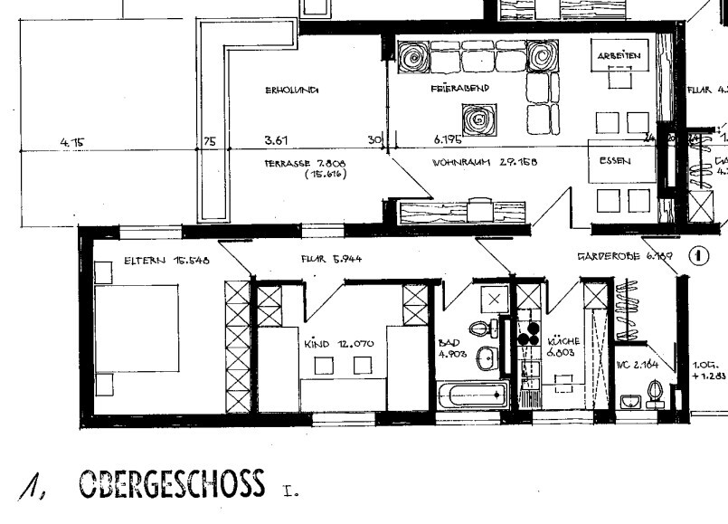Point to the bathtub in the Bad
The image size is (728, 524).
tap(472, 395)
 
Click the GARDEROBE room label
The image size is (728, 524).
tap(625, 257)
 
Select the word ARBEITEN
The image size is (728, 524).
tap(619, 56)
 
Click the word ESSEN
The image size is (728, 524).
tap(614, 161)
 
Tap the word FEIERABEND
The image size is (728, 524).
tap(460, 89)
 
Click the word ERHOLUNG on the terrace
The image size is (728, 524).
tap(292, 90)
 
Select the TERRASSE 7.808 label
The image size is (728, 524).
tap(307, 164)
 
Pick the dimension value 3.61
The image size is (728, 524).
tap(276, 141)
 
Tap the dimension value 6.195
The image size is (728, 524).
tap(449, 141)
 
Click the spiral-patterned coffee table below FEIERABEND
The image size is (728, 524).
tap(477, 118)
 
